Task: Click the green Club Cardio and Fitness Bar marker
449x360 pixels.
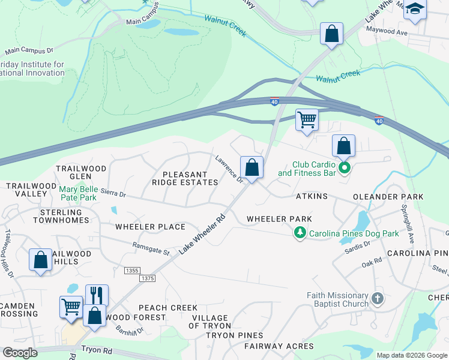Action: click(x=345, y=167)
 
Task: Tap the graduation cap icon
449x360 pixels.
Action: click(x=414, y=9)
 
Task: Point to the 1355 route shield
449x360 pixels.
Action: click(x=132, y=271)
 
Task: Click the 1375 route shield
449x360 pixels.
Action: click(x=147, y=278)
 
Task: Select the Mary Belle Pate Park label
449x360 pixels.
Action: click(x=78, y=193)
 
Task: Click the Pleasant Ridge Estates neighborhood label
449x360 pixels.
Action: click(x=184, y=178)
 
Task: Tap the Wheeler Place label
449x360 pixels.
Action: click(x=150, y=227)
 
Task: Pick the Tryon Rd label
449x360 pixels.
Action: click(x=93, y=348)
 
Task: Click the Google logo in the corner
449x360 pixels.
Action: click(x=20, y=353)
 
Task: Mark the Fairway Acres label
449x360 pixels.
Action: click(x=278, y=346)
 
